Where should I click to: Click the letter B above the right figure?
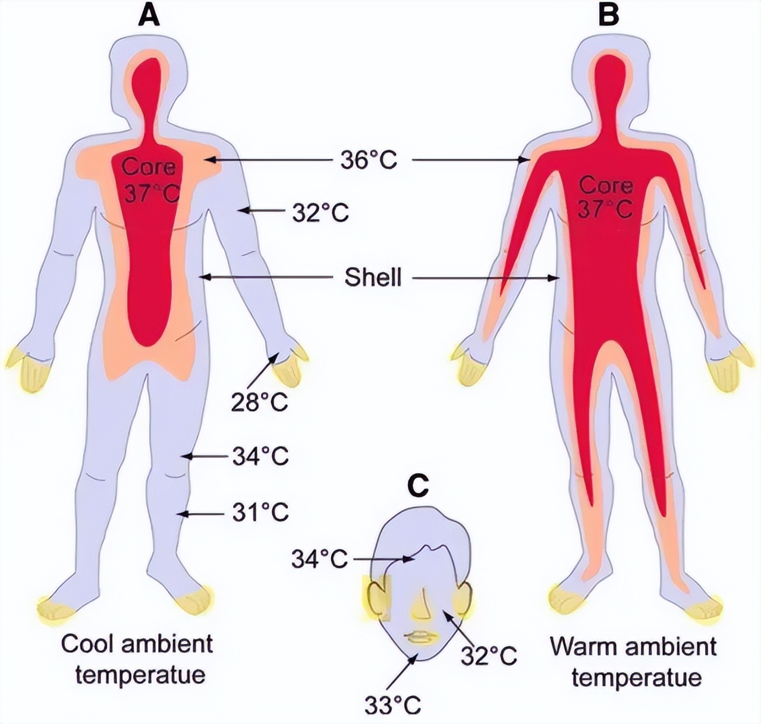pyautogui.click(x=608, y=16)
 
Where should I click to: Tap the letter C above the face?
pyautogui.click(x=420, y=487)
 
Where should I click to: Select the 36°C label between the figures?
pyautogui.click(x=369, y=160)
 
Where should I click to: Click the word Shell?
pyautogui.click(x=373, y=277)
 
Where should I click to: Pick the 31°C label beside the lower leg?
pyautogui.click(x=260, y=513)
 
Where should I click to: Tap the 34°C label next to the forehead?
pyautogui.click(x=320, y=559)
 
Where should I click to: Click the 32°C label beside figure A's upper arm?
pyautogui.click(x=320, y=213)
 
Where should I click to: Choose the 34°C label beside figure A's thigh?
pyautogui.click(x=260, y=457)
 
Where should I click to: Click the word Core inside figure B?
pyautogui.click(x=606, y=185)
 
